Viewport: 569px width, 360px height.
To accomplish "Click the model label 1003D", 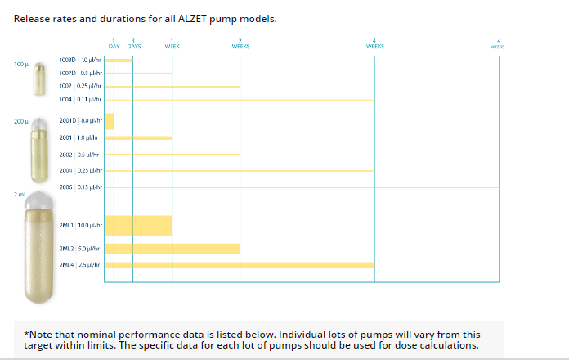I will pyautogui.click(x=68, y=60).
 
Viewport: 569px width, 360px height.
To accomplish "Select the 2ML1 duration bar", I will pyautogui.click(x=138, y=225).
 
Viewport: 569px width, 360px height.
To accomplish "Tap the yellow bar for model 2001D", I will pyautogui.click(x=110, y=121).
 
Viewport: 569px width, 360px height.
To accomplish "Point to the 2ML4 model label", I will pyautogui.click(x=67, y=265).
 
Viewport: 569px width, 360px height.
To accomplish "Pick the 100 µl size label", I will pyautogui.click(x=21, y=64).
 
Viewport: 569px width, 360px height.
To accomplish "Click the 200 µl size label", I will pyautogui.click(x=21, y=121).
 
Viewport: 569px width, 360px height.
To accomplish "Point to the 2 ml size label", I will pyautogui.click(x=19, y=194).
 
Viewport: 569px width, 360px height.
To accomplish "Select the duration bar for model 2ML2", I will pyautogui.click(x=172, y=248).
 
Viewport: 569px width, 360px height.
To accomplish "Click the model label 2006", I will pyautogui.click(x=67, y=187).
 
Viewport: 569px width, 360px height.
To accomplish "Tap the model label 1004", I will pyautogui.click(x=67, y=98).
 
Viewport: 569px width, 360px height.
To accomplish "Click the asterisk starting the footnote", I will pyautogui.click(x=27, y=334).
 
